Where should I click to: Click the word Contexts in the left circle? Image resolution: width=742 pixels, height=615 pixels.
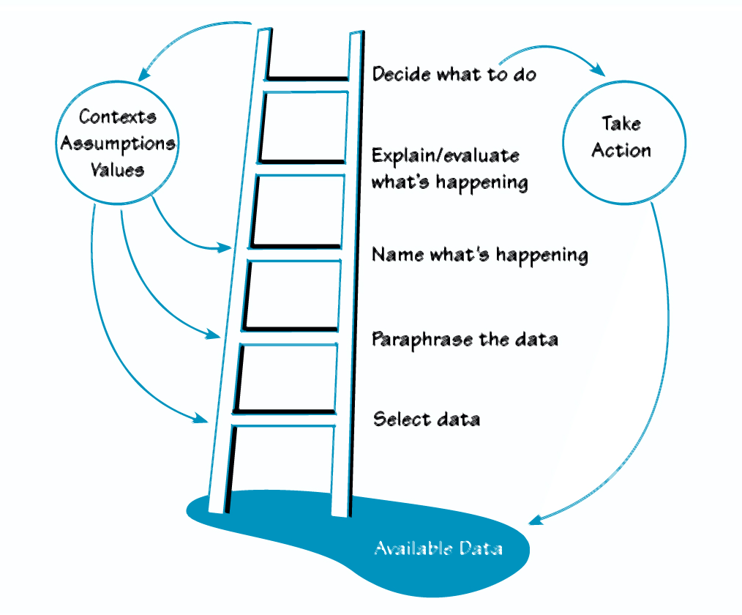(x=117, y=116)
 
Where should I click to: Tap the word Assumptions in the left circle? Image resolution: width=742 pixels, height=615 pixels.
(x=118, y=143)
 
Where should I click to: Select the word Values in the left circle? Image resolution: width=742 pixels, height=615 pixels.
(x=117, y=170)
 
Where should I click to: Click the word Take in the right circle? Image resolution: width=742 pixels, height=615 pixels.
(x=621, y=124)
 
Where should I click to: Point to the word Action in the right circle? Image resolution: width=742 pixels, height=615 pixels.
(x=621, y=150)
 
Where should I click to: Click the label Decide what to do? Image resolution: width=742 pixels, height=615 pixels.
(x=454, y=75)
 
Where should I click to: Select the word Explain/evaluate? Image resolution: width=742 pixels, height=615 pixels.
(x=446, y=156)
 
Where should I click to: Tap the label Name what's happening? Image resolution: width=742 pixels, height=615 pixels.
(x=480, y=256)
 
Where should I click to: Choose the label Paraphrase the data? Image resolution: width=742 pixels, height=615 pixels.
(x=465, y=340)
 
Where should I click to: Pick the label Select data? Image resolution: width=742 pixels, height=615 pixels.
(x=427, y=420)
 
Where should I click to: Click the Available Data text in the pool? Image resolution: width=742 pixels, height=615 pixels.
(x=438, y=548)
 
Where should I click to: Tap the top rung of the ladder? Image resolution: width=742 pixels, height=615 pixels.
(x=307, y=79)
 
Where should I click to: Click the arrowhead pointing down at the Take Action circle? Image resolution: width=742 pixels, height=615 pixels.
(x=599, y=70)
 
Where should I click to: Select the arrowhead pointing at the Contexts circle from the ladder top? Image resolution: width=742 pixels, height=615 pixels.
(x=144, y=75)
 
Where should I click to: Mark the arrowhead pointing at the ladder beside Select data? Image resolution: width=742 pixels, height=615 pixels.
(x=201, y=418)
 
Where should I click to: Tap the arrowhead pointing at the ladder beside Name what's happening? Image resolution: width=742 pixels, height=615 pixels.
(x=225, y=247)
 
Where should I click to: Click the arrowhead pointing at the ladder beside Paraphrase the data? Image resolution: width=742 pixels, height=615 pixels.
(x=214, y=333)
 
